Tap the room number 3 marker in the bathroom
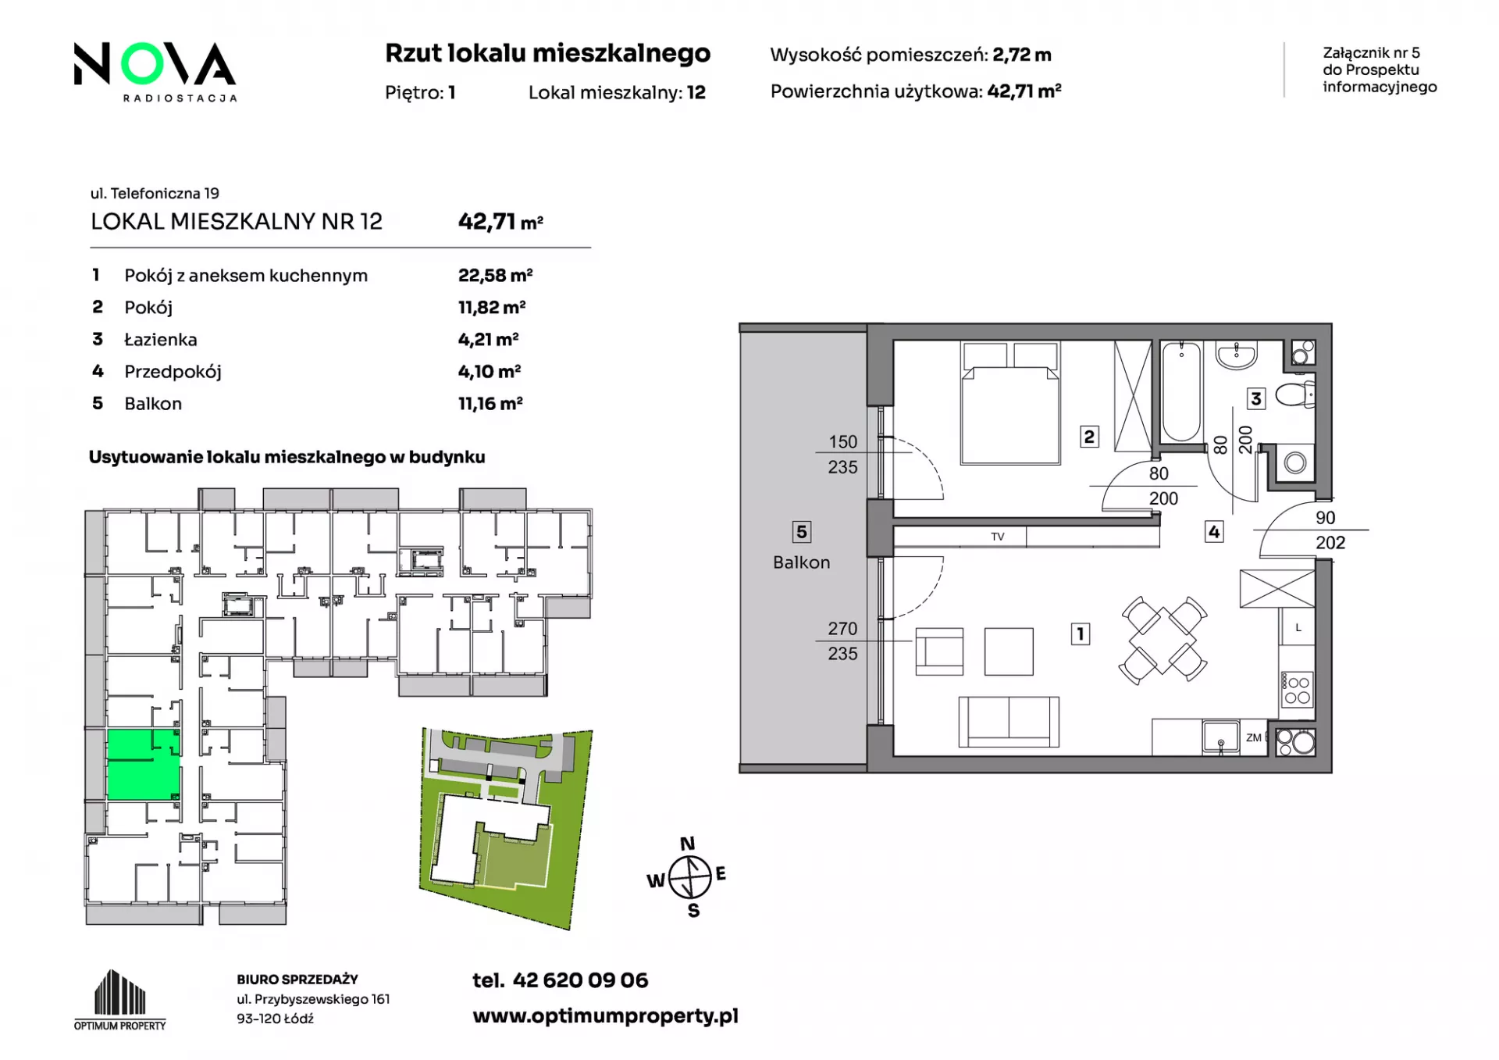pyautogui.click(x=1255, y=399)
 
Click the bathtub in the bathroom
pyautogui.click(x=1180, y=393)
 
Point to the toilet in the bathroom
pyautogui.click(x=1295, y=394)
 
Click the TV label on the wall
pyautogui.click(x=997, y=537)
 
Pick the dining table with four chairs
pyautogui.click(x=1163, y=640)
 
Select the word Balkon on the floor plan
pyautogui.click(x=801, y=562)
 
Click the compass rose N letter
pyautogui.click(x=687, y=844)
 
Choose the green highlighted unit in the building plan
pyautogui.click(x=143, y=765)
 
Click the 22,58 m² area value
pyautogui.click(x=495, y=275)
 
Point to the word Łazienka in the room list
pyautogui.click(x=161, y=339)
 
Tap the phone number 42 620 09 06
pyautogui.click(x=580, y=980)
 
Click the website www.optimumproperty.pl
pyautogui.click(x=605, y=1016)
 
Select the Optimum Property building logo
pyautogui.click(x=119, y=999)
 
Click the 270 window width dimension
pyautogui.click(x=842, y=629)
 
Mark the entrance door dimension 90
pyautogui.click(x=1325, y=518)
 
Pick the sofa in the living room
pyautogui.click(x=1009, y=722)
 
